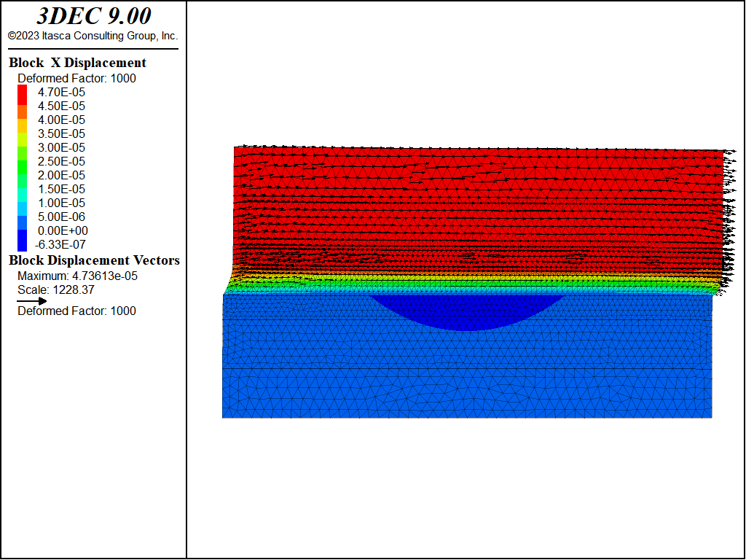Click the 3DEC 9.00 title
pos(94,16)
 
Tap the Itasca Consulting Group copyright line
pos(93,36)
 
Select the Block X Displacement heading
pos(77,63)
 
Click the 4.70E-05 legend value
pos(61,92)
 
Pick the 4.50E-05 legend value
pos(61,106)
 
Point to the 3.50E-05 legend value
pos(61,133)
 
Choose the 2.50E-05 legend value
pos(61,161)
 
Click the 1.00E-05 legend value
pos(61,203)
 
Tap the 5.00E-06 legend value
pos(61,217)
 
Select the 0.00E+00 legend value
pos(63,230)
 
